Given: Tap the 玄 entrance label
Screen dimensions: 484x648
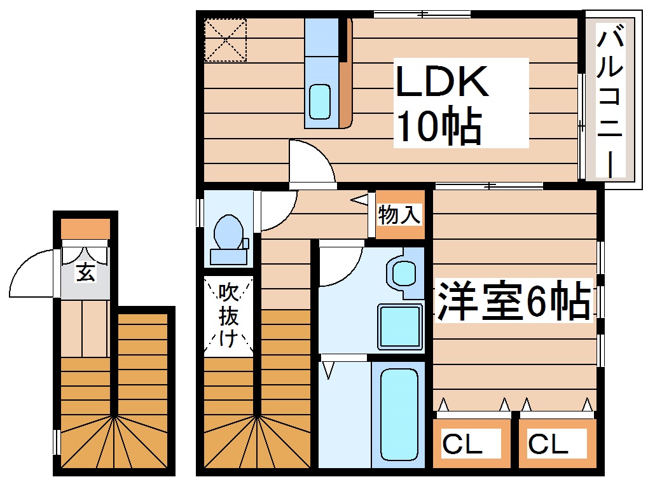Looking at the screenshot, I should (85, 272).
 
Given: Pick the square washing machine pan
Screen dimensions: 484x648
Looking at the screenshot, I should (400, 326).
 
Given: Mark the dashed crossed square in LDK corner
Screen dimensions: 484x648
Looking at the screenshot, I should (225, 39).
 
